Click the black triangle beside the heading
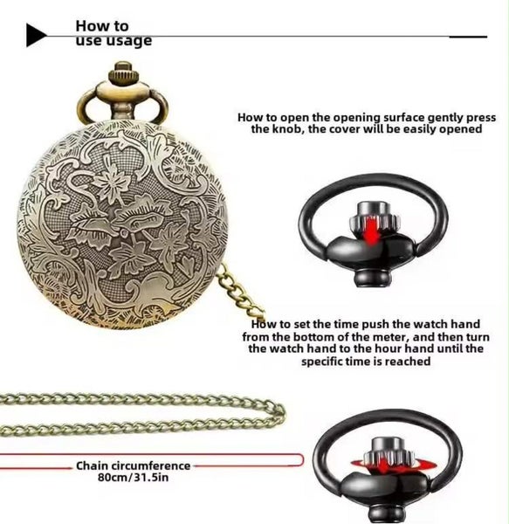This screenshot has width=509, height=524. click(36, 35)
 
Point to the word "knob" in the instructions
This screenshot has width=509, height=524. click(288, 129)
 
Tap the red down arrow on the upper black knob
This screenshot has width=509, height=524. click(372, 230)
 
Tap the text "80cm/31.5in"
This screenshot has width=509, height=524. click(133, 477)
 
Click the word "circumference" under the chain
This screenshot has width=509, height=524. click(151, 465)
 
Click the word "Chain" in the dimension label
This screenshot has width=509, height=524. click(93, 465)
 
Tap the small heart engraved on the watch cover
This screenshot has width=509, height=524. click(185, 264)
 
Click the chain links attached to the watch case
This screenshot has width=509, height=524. click(240, 290)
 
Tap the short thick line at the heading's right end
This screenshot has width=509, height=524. click(468, 37)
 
